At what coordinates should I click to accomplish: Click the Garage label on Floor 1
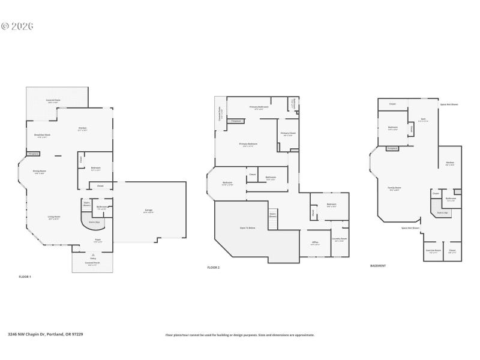point(148,211)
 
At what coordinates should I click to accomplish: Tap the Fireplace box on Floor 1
point(34,154)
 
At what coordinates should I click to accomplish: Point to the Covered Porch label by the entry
point(92,263)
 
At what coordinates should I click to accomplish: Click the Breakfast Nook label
point(42,136)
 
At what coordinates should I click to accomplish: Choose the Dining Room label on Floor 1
point(40,172)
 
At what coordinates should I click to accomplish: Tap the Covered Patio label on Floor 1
point(53,101)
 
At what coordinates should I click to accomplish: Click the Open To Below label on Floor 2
point(248,228)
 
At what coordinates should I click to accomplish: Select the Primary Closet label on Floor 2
point(288,134)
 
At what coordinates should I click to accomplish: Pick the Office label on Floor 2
point(315,243)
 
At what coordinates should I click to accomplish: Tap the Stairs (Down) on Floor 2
point(272,214)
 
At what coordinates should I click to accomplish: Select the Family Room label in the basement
point(394,188)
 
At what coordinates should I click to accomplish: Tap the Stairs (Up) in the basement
point(443,212)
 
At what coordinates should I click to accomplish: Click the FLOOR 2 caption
point(214,267)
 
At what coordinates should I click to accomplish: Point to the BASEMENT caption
point(378,265)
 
